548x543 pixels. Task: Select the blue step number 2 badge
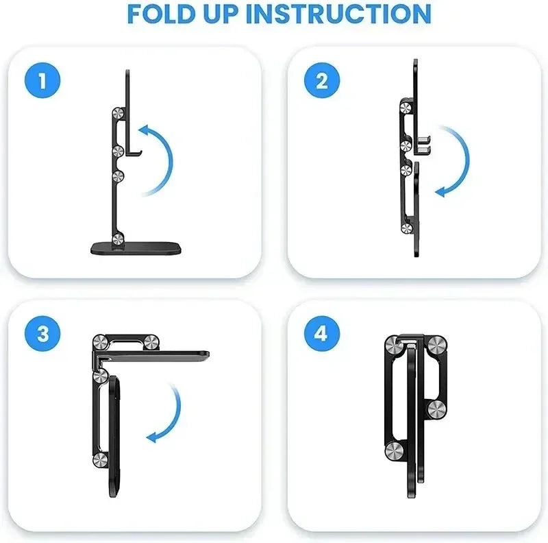coord(322,81)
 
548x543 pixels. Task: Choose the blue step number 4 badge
coord(322,334)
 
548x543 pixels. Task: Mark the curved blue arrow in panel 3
coord(169,414)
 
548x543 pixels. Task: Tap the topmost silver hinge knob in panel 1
coord(119,115)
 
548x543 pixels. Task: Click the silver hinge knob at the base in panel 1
coord(119,239)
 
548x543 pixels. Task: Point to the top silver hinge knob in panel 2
coord(406,106)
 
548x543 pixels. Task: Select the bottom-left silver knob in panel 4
coord(394,450)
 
